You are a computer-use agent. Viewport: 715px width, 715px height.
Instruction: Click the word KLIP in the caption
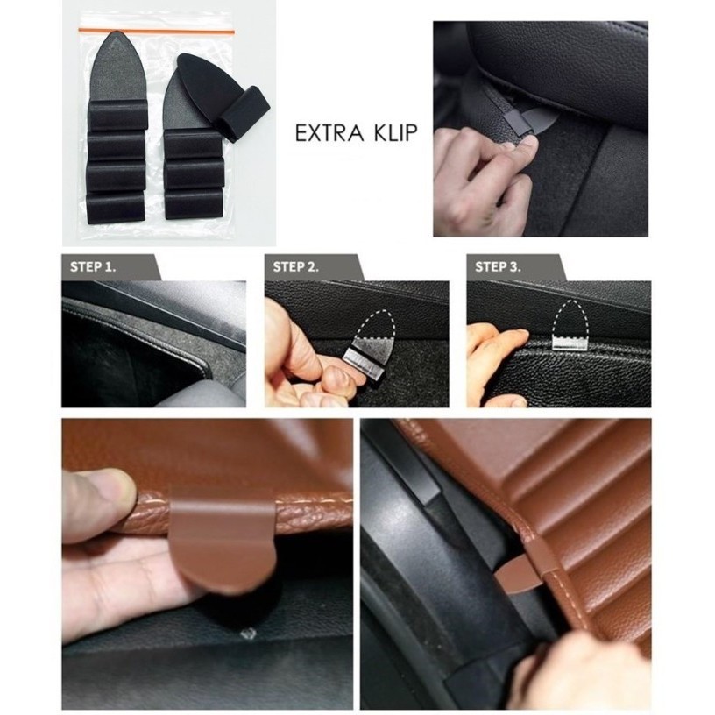click(394, 133)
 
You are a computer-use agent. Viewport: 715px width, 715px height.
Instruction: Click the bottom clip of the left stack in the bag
click(117, 207)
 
